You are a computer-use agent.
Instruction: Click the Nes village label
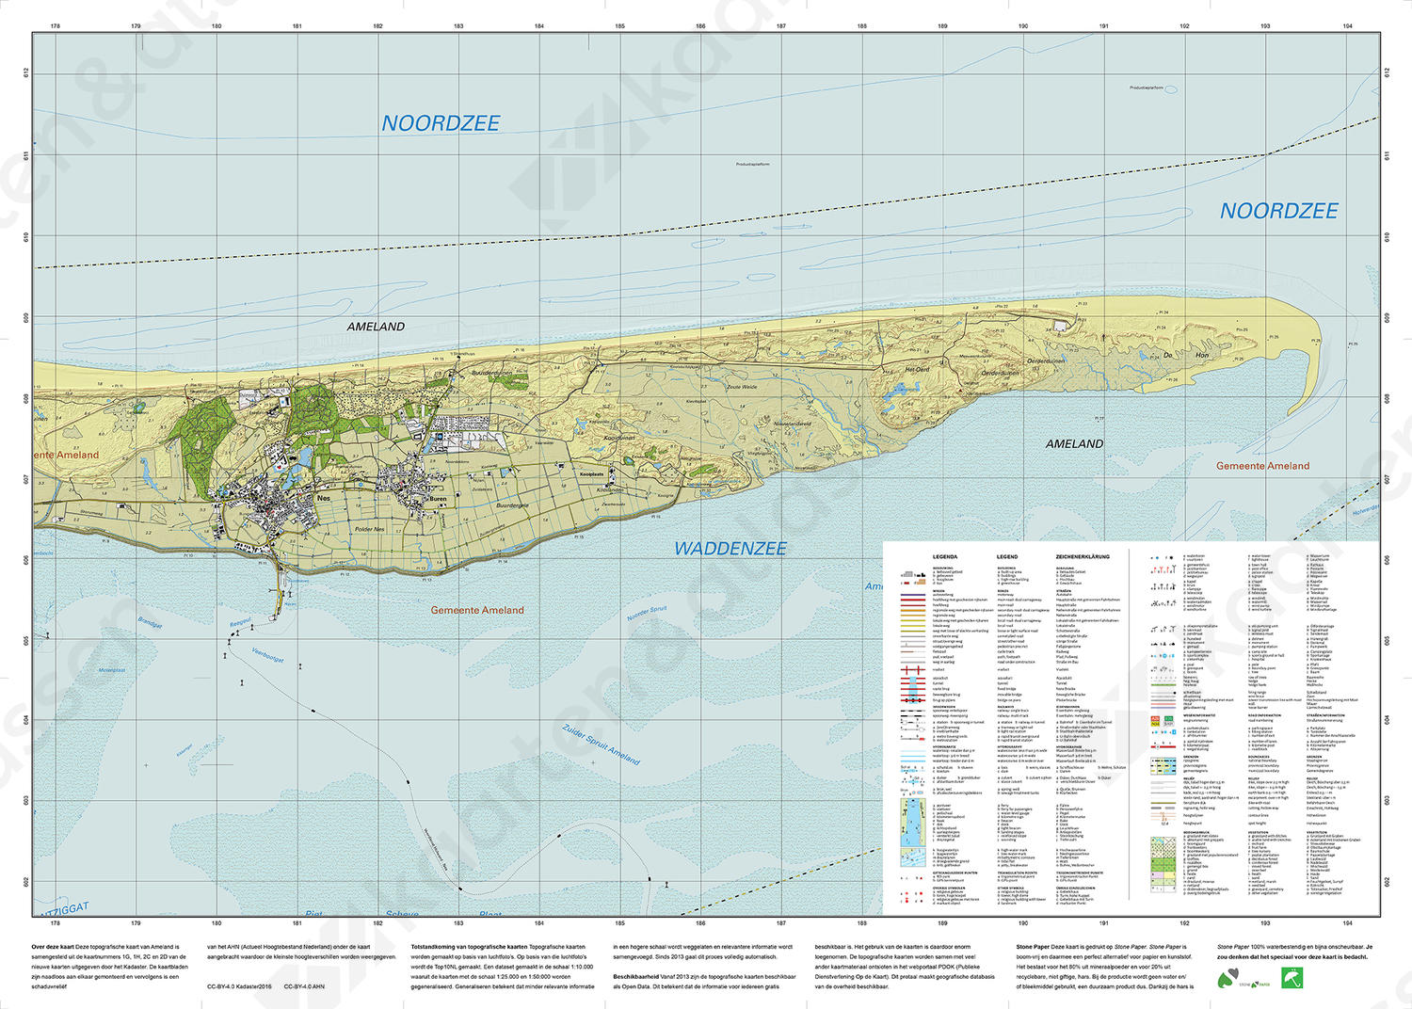[x=324, y=498]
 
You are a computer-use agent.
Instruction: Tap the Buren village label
[x=438, y=499]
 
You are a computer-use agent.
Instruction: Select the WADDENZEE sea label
[x=730, y=549]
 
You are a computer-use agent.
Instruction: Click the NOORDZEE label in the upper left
[x=441, y=123]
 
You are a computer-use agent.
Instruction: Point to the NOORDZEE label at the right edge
[x=1278, y=211]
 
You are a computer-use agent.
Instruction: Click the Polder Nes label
[x=369, y=529]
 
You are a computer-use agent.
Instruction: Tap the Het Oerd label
[x=916, y=370]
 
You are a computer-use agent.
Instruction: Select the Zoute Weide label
[x=742, y=387]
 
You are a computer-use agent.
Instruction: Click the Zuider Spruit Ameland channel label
[x=601, y=745]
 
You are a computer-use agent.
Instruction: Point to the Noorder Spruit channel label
[x=647, y=614]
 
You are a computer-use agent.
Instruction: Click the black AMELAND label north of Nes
[x=376, y=327]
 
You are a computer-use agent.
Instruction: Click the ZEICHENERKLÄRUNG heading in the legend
[x=1083, y=556]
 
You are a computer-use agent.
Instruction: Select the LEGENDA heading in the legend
[x=944, y=556]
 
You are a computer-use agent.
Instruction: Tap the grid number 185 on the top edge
[x=619, y=26]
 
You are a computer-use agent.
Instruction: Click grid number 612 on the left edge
[x=26, y=72]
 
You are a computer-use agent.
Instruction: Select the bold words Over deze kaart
[x=53, y=947]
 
